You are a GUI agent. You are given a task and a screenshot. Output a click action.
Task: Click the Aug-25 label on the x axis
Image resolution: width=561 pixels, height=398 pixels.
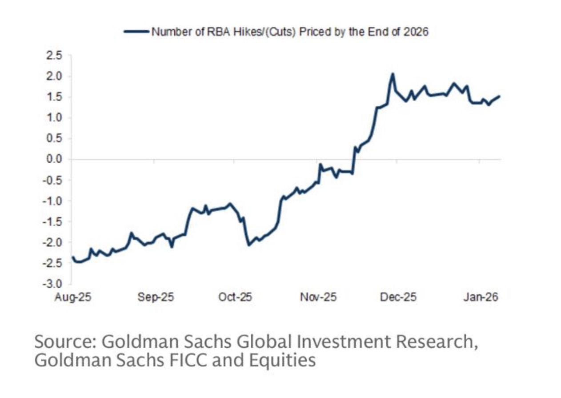pos(73,297)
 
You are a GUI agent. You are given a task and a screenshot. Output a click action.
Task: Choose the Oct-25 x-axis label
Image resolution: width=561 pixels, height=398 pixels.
pos(235,297)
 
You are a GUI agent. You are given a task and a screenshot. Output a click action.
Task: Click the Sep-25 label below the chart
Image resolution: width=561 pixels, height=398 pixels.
pos(154,297)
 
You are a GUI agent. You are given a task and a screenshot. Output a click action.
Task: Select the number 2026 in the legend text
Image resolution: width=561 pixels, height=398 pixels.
pos(417,32)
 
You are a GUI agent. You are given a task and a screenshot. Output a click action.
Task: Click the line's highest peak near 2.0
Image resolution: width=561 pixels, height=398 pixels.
pos(393,74)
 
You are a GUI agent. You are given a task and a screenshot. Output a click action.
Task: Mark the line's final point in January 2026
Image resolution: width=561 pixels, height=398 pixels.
pos(500,96)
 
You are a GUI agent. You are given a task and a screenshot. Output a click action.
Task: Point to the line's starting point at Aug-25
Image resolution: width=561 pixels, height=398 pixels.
pos(72,257)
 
